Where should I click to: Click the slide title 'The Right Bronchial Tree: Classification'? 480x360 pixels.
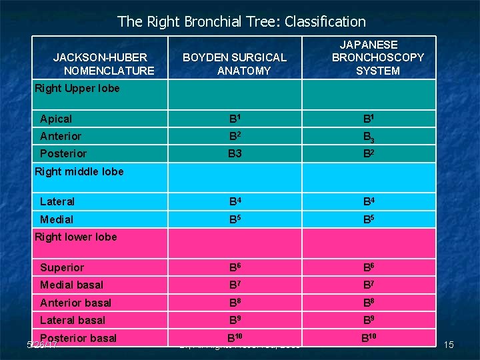click(241, 21)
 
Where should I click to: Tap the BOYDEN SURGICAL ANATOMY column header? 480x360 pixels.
click(235, 64)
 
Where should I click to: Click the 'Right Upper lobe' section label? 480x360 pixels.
click(77, 88)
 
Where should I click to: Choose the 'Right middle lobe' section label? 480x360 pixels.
click(79, 171)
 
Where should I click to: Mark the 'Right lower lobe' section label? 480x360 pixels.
click(76, 237)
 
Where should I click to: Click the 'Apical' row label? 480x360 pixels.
click(56, 119)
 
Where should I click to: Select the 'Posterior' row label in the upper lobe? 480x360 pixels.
click(63, 153)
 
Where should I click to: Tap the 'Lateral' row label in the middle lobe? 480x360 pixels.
click(57, 201)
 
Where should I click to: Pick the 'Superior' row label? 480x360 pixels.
click(62, 267)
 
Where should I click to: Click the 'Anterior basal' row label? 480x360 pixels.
click(76, 303)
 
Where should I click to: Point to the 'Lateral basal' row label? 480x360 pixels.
click(73, 320)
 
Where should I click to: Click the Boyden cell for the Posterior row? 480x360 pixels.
click(235, 153)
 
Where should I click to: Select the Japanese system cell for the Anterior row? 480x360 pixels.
click(369, 137)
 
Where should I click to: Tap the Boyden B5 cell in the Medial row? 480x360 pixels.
click(235, 219)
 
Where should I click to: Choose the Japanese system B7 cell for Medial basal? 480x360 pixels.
click(369, 285)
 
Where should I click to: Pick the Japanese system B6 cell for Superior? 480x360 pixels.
click(369, 267)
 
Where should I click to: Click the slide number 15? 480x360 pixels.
click(449, 345)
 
